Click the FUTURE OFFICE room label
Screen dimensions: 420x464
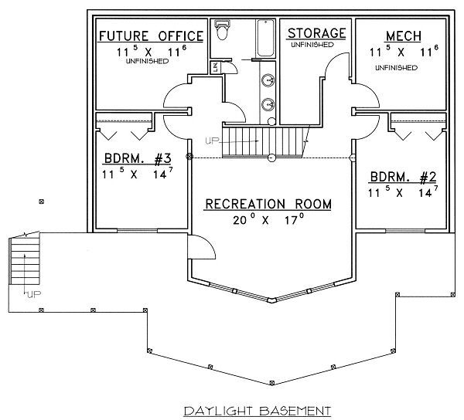(x=150, y=36)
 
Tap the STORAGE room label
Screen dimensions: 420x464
(x=316, y=32)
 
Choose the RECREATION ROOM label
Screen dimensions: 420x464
(x=268, y=205)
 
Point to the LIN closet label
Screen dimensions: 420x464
(x=215, y=69)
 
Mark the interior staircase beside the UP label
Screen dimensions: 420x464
(x=247, y=142)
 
